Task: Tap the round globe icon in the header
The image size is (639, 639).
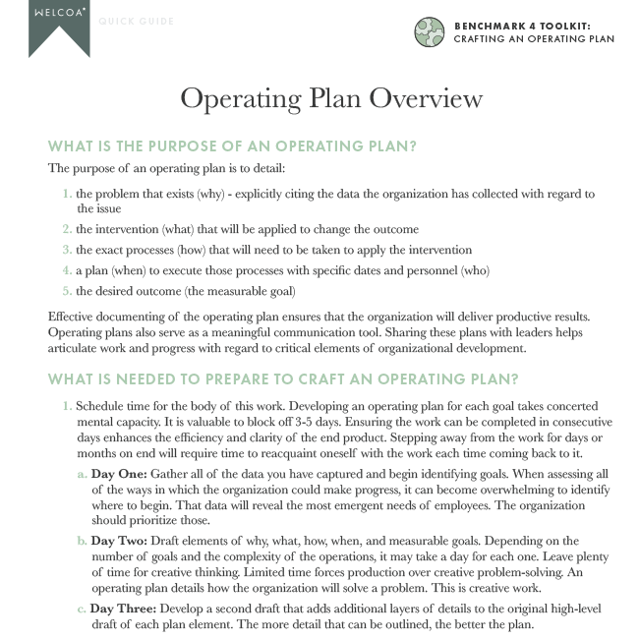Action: click(430, 31)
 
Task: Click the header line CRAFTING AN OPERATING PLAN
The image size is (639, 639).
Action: click(534, 39)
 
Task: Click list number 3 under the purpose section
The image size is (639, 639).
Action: click(67, 251)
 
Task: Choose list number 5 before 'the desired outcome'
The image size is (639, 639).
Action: click(67, 291)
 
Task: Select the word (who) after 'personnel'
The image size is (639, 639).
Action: click(471, 270)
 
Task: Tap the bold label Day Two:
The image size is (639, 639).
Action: click(120, 541)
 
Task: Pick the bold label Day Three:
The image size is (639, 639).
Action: click(125, 610)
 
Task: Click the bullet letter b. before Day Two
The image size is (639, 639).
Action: click(82, 541)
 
